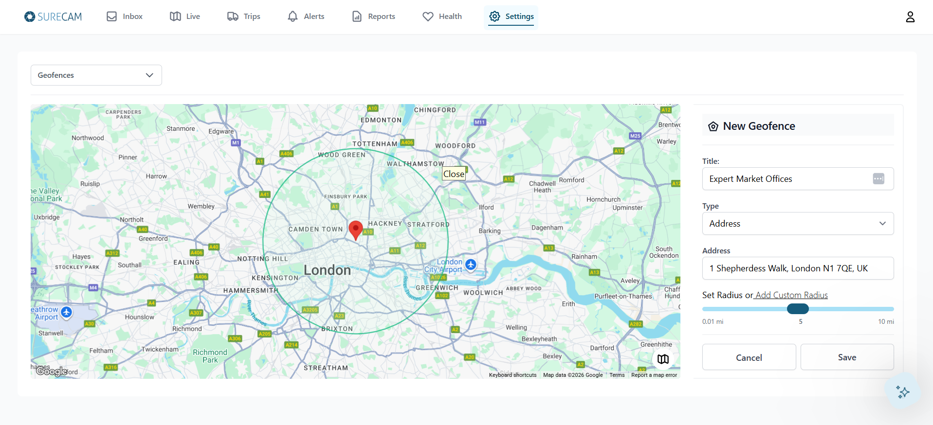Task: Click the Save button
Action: click(x=847, y=357)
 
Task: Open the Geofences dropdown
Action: click(x=96, y=75)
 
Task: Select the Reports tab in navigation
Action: click(x=373, y=17)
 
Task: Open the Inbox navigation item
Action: click(x=125, y=17)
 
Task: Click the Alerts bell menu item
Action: click(x=306, y=17)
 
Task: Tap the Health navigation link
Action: click(x=442, y=17)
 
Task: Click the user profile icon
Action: click(x=910, y=17)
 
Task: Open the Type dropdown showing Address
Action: click(x=797, y=224)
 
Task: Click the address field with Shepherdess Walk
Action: click(x=797, y=268)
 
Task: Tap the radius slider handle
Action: click(x=798, y=309)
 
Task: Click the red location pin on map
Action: click(x=356, y=229)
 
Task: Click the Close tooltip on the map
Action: click(x=454, y=174)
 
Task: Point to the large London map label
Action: click(x=327, y=270)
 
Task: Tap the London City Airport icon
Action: click(x=471, y=265)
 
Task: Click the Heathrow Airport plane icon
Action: click(x=67, y=312)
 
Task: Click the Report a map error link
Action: click(x=654, y=375)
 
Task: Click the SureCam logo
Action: click(x=53, y=17)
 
